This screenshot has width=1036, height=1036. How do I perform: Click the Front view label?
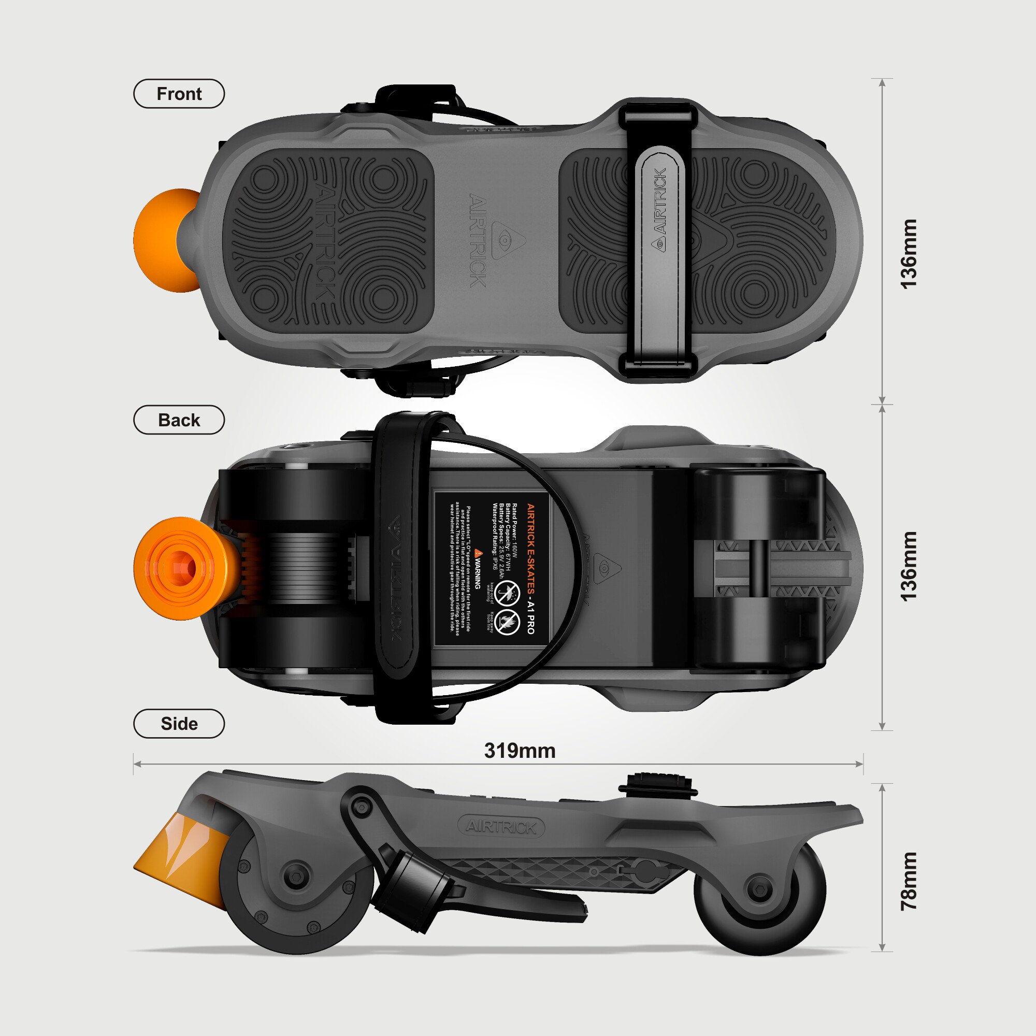(179, 94)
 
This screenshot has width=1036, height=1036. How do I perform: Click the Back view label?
(179, 420)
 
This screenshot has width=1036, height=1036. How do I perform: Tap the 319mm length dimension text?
(519, 751)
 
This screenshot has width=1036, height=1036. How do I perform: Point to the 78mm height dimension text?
(909, 881)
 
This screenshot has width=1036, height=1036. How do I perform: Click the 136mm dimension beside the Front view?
(909, 254)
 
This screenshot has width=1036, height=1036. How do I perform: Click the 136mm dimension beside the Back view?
(909, 567)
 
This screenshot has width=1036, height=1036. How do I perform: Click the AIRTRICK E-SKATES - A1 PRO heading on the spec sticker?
(530, 568)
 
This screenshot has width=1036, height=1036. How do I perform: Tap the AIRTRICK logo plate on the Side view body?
(501, 827)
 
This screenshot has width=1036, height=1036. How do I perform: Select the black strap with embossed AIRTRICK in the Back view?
(397, 568)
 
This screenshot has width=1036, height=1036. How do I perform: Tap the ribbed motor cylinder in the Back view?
(303, 568)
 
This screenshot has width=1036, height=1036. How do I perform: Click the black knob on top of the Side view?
(658, 783)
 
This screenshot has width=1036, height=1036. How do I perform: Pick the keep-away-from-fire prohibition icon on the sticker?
(507, 622)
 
